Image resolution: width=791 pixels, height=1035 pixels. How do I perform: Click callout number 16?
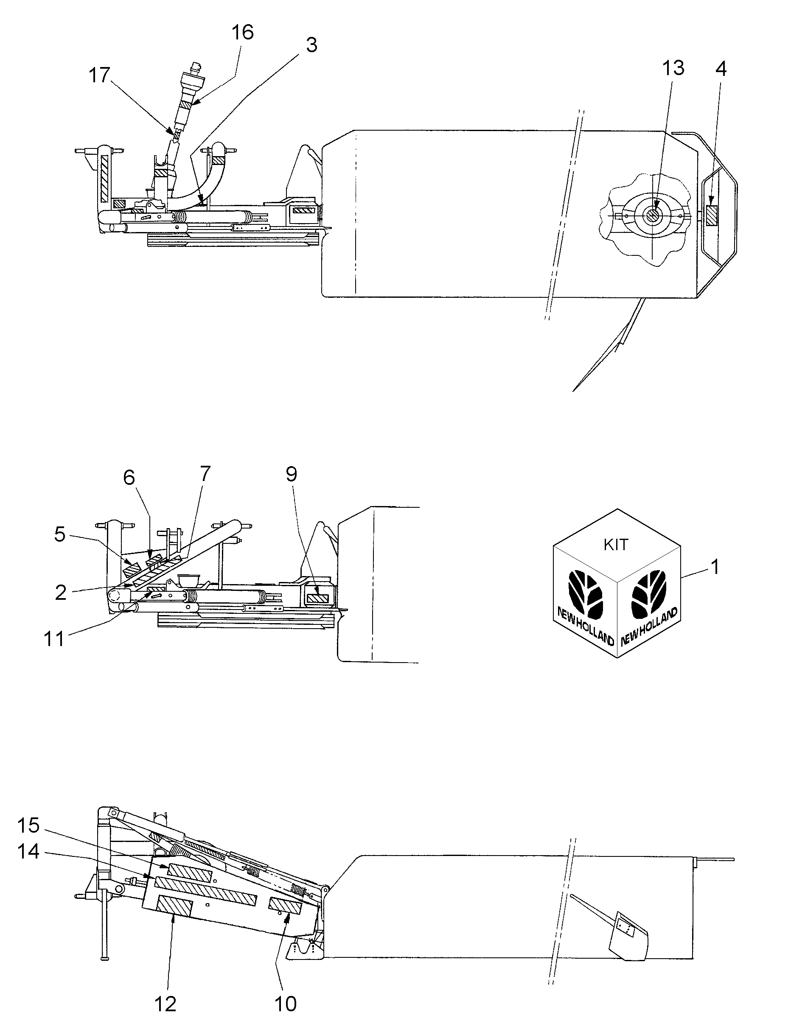point(242,33)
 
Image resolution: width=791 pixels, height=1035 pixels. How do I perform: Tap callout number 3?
point(311,46)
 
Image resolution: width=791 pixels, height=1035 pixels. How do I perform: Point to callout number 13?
point(673,69)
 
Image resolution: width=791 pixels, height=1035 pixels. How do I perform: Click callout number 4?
point(721,70)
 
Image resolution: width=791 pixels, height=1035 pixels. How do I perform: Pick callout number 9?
point(292,474)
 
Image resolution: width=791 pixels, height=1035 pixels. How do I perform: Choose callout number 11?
point(53,639)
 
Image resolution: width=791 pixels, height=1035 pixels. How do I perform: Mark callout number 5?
point(59,535)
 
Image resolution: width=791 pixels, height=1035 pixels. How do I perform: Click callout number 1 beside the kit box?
point(715,567)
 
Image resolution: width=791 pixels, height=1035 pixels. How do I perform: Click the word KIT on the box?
point(615,545)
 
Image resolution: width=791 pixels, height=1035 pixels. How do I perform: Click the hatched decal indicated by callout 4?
point(711,215)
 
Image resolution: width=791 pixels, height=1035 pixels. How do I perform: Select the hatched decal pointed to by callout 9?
point(317,599)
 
